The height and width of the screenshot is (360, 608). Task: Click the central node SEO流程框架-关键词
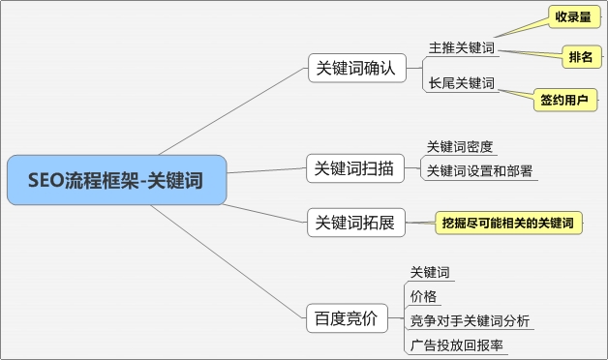pos(116,180)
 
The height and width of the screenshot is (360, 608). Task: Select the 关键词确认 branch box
pos(355,68)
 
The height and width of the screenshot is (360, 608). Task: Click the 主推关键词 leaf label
pos(463,46)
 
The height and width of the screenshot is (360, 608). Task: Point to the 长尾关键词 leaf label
pos(463,83)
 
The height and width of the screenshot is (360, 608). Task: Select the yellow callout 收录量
pos(571,17)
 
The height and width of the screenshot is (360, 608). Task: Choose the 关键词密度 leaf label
pos(460,147)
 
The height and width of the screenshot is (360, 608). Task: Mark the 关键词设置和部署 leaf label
pos(479,171)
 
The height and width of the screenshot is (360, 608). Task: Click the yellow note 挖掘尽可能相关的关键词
pos(506,224)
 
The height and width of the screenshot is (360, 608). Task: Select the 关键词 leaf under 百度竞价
pos(430,272)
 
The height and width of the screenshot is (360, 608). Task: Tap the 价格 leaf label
pos(423,296)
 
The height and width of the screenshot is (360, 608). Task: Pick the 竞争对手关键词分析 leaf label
pos(469,320)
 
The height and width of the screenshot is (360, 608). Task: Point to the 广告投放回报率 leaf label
pos(457,345)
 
